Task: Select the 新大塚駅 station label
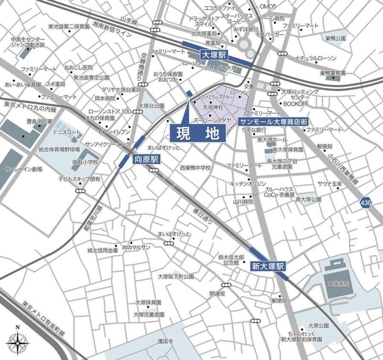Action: [x=268, y=265]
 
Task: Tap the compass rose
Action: [x=18, y=342]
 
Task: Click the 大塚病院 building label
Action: [x=338, y=283]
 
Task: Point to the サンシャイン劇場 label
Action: [x=23, y=169]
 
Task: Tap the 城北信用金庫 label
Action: [x=102, y=250]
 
